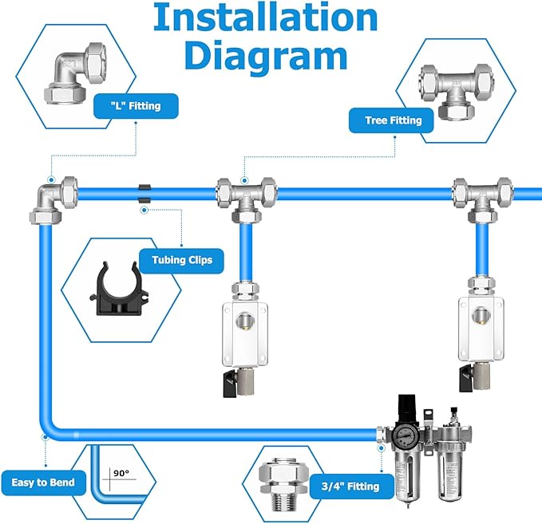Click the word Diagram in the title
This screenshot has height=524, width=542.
tap(265, 56)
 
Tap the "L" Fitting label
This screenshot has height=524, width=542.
tap(136, 106)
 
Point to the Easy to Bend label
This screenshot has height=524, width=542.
tap(43, 483)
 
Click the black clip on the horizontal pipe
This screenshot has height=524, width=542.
tap(144, 192)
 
